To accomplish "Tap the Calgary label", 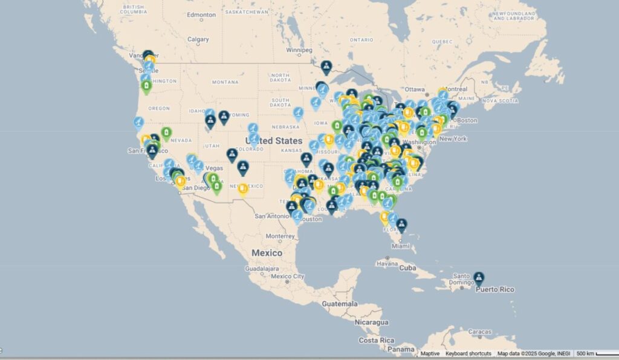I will tap(198, 39).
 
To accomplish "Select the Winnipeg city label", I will tap(299, 50).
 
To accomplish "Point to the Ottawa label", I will tap(415, 89).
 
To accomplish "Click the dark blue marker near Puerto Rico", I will tap(479, 278).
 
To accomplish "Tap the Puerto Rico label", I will tap(494, 289).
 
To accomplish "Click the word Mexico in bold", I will tap(267, 252).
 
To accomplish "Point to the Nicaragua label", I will tap(371, 322).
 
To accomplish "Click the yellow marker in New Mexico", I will tap(243, 190).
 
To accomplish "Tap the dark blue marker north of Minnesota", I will tap(326, 66).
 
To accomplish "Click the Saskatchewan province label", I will tap(247, 11).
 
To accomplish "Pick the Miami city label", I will tap(398, 246).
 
